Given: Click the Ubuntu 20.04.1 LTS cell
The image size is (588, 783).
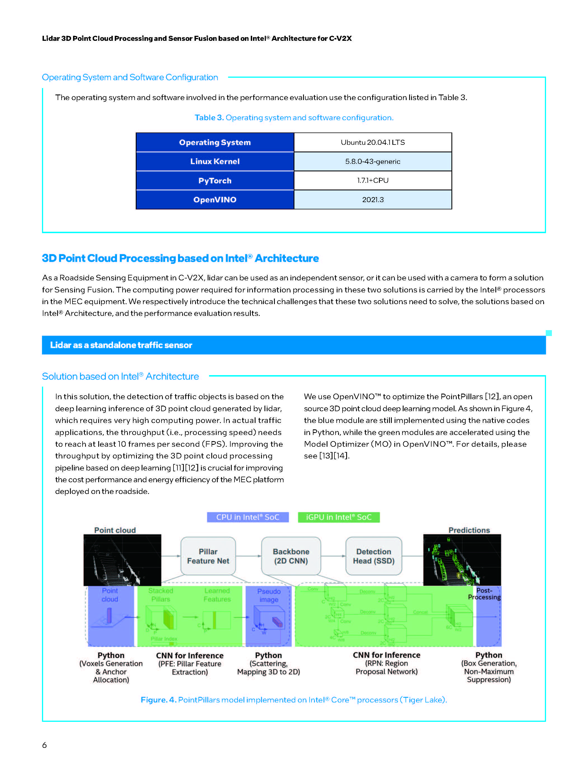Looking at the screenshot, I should click(373, 142).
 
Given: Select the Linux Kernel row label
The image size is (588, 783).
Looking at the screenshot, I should click(215, 161).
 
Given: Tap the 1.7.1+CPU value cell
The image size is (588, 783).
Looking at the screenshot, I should click(373, 181).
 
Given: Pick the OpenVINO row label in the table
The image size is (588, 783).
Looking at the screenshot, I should click(215, 200).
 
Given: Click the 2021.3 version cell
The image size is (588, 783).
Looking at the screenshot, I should click(373, 200).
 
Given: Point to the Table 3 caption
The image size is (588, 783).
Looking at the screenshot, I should click(294, 117).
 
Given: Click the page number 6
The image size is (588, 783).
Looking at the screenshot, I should click(44, 745).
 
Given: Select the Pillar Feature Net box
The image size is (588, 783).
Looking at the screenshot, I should click(208, 556).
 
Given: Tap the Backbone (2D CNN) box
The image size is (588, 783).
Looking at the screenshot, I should click(291, 556).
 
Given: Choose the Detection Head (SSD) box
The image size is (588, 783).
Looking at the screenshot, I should click(374, 556).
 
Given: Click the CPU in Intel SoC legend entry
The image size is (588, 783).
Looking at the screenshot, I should click(248, 517).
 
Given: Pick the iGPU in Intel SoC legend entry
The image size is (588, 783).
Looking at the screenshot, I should click(338, 517).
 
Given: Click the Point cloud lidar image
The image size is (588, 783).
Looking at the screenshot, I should click(122, 560).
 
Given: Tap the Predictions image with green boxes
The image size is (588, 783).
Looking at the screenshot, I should click(462, 560).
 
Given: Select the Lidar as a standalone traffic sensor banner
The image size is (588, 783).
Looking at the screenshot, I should click(121, 345).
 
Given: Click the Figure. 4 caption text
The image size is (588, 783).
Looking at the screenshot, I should click(294, 700).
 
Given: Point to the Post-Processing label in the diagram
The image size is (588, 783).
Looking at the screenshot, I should click(484, 594).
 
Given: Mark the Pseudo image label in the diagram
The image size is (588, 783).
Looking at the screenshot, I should click(269, 595).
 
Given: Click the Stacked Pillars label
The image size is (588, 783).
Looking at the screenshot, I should click(161, 595).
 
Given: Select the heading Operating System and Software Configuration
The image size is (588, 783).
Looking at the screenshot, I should click(130, 77).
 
